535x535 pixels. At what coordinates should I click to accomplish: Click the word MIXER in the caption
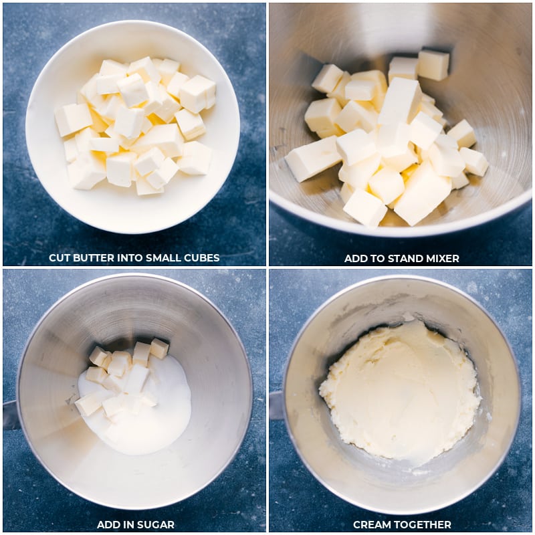pos(443,258)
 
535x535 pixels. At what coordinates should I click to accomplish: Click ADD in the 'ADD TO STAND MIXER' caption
pos(354,258)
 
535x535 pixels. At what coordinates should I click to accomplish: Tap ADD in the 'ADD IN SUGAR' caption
pos(107,525)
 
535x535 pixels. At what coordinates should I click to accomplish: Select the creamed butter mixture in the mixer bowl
pos(400,391)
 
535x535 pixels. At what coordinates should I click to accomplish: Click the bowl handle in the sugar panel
pos(10,415)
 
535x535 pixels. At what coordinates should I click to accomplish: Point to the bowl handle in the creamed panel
pos(276,405)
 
